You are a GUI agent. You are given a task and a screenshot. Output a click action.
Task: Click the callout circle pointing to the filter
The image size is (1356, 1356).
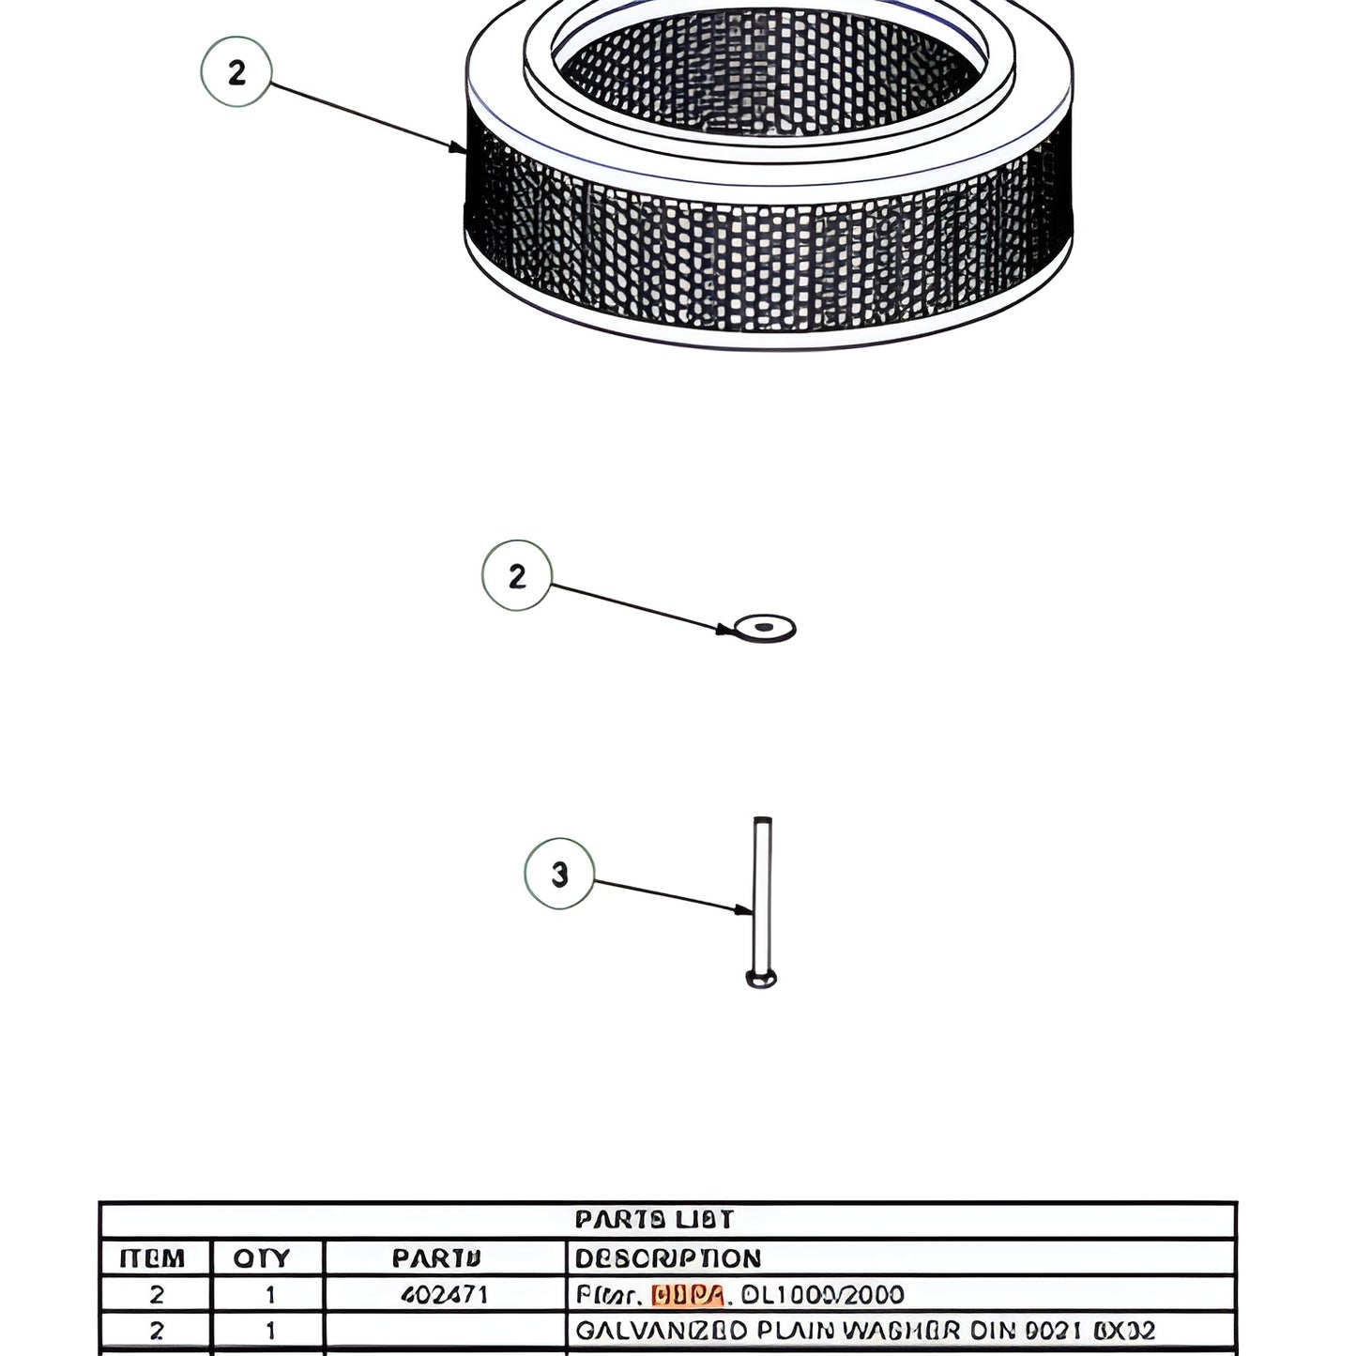pyautogui.click(x=236, y=71)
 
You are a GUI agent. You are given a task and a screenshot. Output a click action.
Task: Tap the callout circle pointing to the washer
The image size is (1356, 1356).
pyautogui.click(x=517, y=575)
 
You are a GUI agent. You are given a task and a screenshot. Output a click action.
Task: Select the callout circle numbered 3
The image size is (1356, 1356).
pyautogui.click(x=559, y=874)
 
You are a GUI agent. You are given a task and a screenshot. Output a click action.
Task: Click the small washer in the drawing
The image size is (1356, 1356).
pyautogui.click(x=765, y=628)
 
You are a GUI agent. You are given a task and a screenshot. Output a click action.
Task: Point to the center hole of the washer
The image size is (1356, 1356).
pyautogui.click(x=765, y=626)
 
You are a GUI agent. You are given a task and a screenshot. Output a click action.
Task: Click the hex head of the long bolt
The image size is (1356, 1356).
pyautogui.click(x=761, y=980)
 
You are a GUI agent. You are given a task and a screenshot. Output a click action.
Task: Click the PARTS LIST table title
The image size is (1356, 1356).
pyautogui.click(x=654, y=1219)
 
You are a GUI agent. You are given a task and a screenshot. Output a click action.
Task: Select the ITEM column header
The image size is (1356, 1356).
pyautogui.click(x=153, y=1257)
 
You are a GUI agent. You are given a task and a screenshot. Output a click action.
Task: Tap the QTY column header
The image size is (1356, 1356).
pyautogui.click(x=262, y=1257)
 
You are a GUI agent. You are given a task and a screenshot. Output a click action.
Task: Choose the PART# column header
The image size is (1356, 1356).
pyautogui.click(x=436, y=1257)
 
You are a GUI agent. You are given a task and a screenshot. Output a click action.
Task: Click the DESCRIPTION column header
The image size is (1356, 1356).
pyautogui.click(x=667, y=1257)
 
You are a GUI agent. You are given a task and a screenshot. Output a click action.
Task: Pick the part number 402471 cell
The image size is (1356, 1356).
pyautogui.click(x=444, y=1295)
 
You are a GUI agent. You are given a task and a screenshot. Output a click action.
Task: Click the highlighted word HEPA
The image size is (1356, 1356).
pyautogui.click(x=687, y=1295)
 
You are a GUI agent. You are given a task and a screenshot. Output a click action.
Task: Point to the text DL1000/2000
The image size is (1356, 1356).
pyautogui.click(x=822, y=1295)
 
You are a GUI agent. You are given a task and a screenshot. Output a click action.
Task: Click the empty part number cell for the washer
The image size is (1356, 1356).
pyautogui.click(x=445, y=1331)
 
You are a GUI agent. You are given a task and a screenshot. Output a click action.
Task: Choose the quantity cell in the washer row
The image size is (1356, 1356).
pyautogui.click(x=270, y=1331)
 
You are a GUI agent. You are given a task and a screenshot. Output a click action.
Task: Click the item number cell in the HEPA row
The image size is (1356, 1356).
pyautogui.click(x=156, y=1295)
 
